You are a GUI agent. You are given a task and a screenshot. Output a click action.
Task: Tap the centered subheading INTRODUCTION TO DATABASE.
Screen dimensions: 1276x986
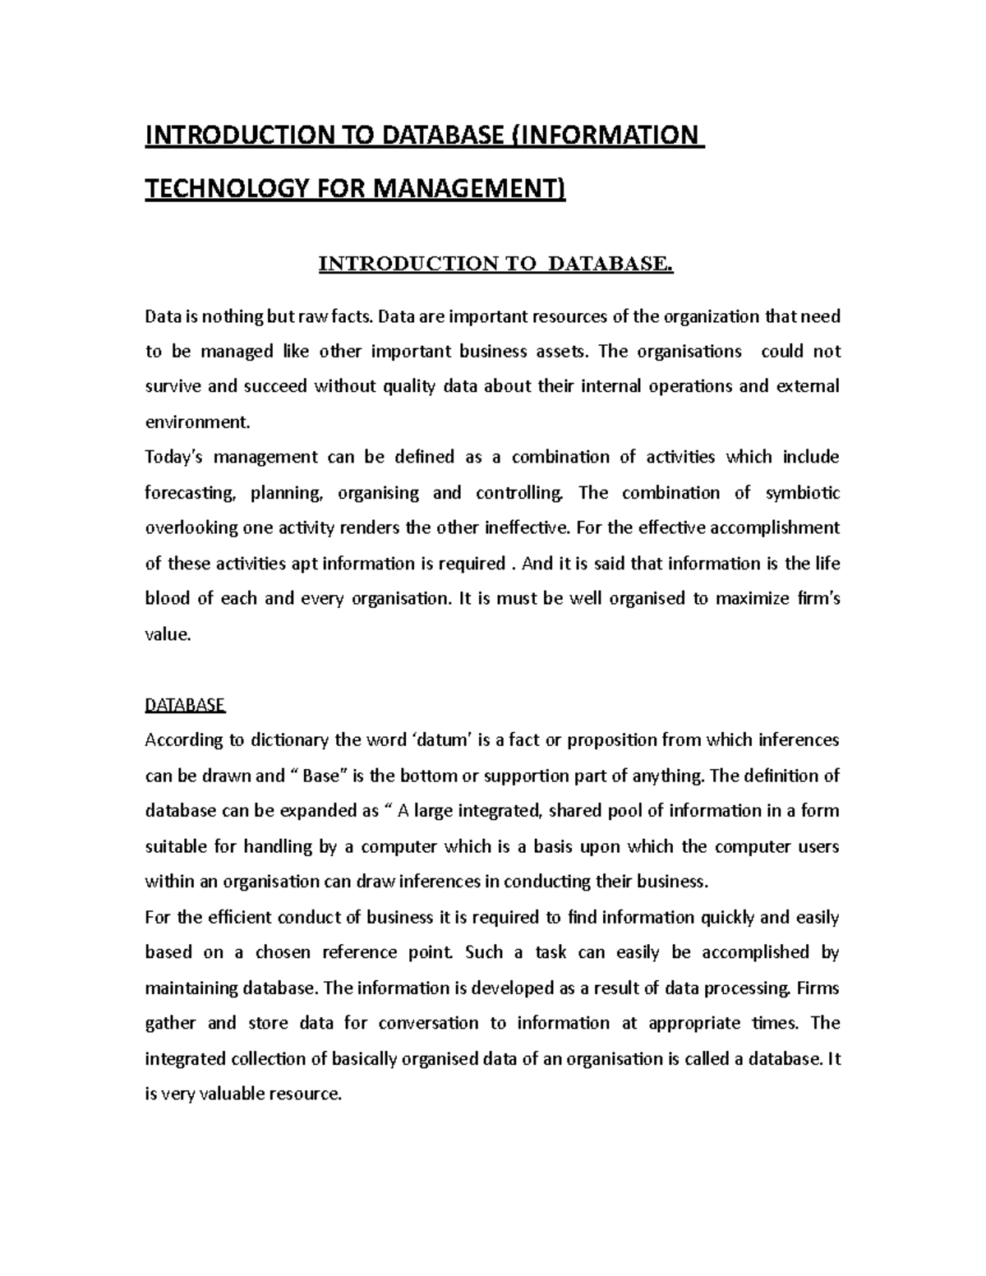[495, 264]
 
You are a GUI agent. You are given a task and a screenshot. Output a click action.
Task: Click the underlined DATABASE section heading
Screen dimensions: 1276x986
[185, 705]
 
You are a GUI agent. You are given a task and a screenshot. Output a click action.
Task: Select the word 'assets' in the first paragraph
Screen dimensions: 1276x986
[562, 352]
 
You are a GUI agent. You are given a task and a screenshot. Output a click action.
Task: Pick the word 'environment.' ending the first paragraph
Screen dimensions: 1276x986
[196, 422]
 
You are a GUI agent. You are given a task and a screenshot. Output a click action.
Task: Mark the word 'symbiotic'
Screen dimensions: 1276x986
[802, 493]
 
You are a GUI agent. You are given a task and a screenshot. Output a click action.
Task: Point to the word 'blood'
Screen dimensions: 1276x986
[167, 598]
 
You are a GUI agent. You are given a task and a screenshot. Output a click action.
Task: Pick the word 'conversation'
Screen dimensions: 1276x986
[428, 1023]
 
